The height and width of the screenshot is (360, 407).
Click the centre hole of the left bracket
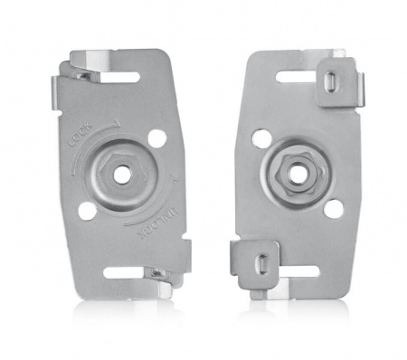tap(120, 173)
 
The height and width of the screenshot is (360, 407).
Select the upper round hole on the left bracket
tap(156, 138)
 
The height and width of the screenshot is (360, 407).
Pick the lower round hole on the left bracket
tap(87, 210)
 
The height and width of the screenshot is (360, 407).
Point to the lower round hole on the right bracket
tap(333, 209)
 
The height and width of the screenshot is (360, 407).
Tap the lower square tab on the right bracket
tap(255, 262)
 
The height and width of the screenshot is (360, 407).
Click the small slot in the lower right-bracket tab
tap(259, 263)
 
